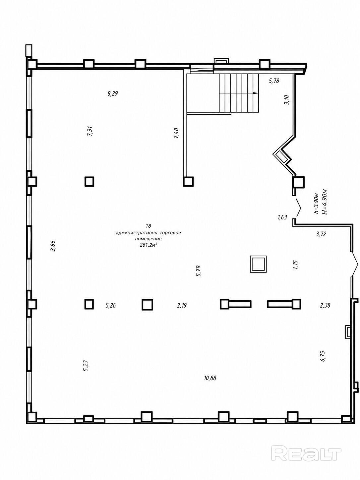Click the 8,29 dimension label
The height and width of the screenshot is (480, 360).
point(113,93)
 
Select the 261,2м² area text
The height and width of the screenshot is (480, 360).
point(149,245)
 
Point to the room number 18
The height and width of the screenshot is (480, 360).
point(149,225)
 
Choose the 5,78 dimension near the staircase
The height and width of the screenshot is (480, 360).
point(274,81)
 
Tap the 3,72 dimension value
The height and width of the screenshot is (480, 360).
point(321,234)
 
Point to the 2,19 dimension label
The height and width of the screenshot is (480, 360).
point(182,305)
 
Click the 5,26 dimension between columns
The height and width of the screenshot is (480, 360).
point(111,305)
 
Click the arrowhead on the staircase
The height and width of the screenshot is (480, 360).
point(255,93)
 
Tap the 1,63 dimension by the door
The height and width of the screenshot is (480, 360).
point(282,217)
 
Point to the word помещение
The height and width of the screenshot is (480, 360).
point(148,239)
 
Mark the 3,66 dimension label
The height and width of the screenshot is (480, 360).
point(53,246)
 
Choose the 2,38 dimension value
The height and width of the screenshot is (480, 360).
point(325,305)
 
